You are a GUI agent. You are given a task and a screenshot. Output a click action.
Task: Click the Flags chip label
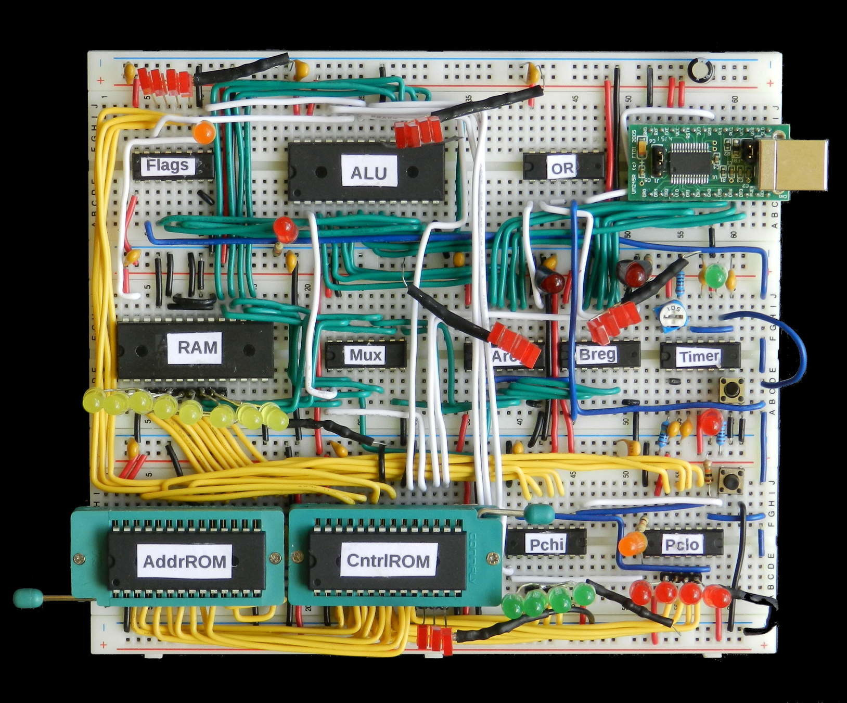point(167,166)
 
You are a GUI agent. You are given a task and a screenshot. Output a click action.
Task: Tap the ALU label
point(368,172)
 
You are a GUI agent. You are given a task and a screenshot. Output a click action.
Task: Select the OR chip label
point(562,168)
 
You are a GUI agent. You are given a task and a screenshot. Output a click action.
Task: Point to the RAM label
point(197,347)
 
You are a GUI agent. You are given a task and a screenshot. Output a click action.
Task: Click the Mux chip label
point(366,355)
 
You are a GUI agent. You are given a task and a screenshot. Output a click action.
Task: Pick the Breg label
point(597,355)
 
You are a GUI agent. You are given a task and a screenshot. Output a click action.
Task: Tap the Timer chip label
point(699,356)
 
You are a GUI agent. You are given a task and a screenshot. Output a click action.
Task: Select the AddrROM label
point(185,561)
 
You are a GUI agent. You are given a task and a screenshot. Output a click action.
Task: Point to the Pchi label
point(546,544)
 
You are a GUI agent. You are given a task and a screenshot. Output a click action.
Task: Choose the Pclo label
point(682,544)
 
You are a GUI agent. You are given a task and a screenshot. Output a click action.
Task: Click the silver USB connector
point(793,164)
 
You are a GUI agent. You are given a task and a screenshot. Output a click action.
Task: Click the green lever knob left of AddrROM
point(28,598)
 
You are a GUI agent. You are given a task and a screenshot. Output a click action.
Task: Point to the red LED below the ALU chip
point(285,228)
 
